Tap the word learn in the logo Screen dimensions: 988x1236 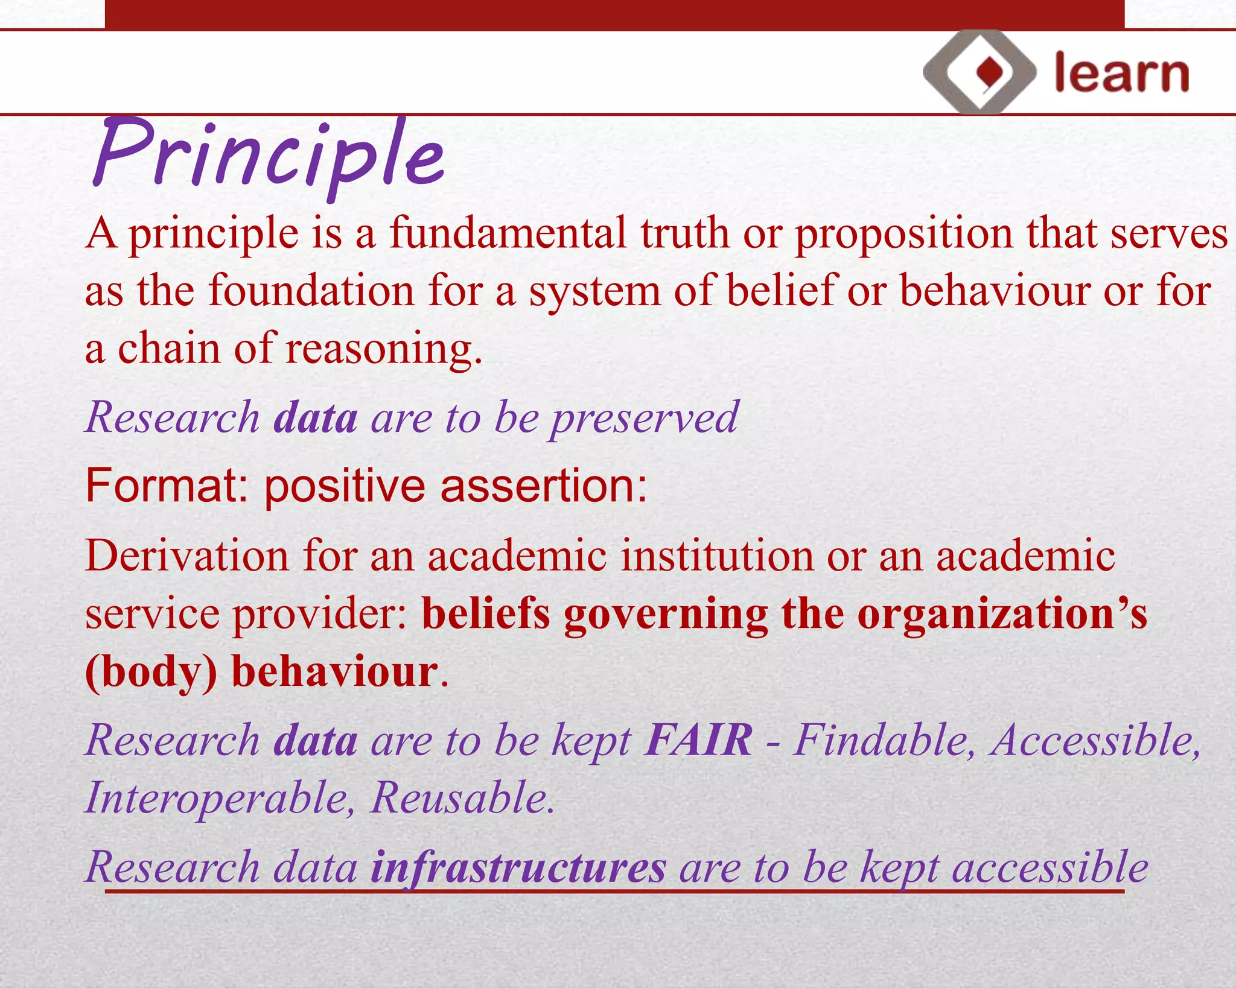point(1121,74)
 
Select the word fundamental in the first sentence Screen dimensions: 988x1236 point(508,233)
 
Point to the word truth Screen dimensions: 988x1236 point(684,233)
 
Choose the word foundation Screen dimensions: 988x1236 point(311,291)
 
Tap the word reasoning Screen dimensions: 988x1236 point(384,350)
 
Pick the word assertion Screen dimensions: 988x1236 point(543,486)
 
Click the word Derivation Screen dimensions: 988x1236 point(186,556)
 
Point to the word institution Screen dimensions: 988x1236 point(716,556)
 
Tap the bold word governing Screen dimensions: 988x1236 point(665,614)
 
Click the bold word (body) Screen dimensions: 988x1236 point(151,673)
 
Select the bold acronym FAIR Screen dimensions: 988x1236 point(698,740)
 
